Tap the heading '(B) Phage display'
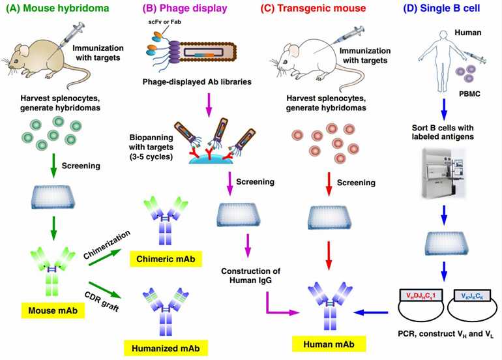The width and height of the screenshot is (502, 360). coord(185,9)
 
